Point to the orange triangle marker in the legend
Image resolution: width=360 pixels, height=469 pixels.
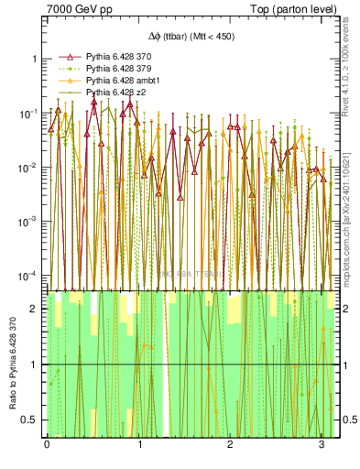(x=64, y=81)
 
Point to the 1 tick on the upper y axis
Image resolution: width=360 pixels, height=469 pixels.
(x=36, y=59)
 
